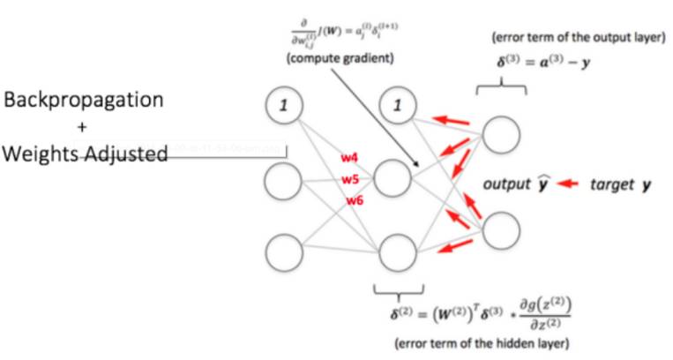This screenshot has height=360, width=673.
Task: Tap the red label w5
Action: point(351,179)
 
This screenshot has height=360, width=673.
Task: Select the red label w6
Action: point(355,200)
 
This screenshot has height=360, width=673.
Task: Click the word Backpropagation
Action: point(84,100)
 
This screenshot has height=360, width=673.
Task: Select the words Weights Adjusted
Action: point(85,154)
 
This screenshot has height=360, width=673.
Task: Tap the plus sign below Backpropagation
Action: point(82,127)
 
